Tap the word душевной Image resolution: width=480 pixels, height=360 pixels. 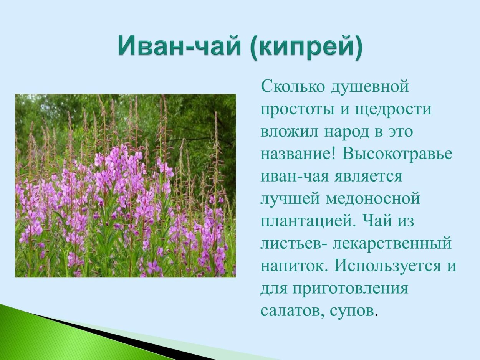(370, 87)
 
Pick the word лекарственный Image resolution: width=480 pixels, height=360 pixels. (391, 244)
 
